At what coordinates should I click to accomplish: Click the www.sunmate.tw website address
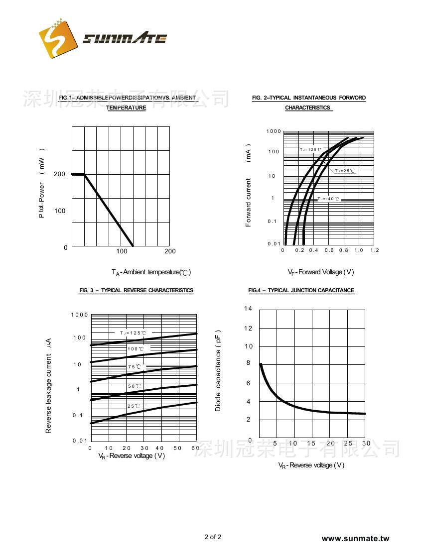coord(355,538)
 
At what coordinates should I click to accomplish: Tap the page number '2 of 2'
coord(213,537)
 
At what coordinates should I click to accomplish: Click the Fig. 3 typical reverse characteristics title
coord(136,290)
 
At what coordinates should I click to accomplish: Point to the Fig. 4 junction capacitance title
coord(301,290)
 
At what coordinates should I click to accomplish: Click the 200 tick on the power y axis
coord(60,174)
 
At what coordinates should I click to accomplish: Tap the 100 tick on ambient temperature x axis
coord(122,251)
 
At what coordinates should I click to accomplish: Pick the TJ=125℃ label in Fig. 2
coord(310,149)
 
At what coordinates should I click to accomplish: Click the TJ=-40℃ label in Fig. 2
coord(328,199)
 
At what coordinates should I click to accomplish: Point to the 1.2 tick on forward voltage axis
coord(374,250)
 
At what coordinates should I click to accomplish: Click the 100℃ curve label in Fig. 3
coord(136,349)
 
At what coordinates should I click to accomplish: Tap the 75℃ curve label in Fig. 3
coord(134,367)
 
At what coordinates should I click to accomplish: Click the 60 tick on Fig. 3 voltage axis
coord(194,448)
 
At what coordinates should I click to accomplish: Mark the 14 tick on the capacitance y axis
coord(248,309)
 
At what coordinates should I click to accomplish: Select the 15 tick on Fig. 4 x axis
coord(311,444)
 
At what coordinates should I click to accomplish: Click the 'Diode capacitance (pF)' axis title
coord(218,371)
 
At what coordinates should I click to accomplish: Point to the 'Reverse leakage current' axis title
coord(48,386)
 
